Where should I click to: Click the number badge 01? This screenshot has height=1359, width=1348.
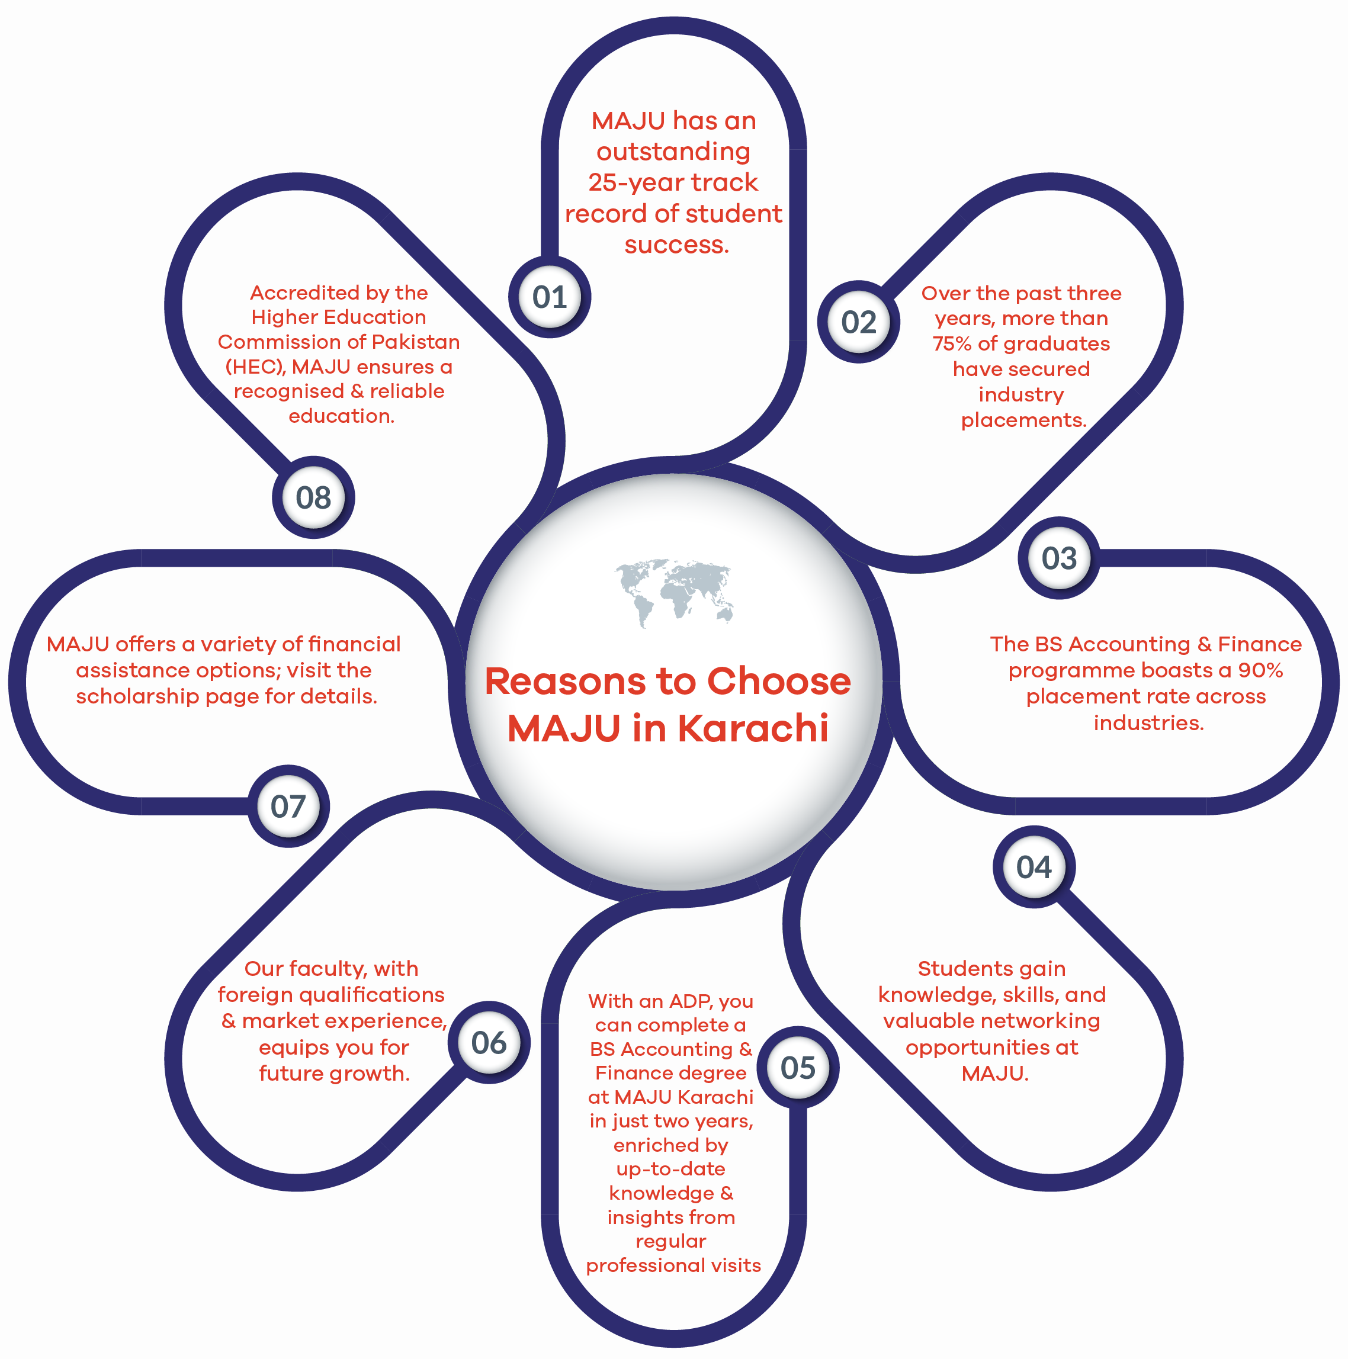[550, 297]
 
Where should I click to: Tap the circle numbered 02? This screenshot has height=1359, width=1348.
[858, 322]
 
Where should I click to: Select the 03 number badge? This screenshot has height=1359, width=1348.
[1059, 558]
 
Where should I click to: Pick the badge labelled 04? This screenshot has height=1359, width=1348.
[1034, 866]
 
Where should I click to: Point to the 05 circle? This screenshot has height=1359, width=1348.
[798, 1067]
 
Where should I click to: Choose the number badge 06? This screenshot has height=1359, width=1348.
[489, 1042]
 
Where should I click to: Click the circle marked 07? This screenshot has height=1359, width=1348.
[288, 806]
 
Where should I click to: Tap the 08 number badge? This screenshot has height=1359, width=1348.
[313, 497]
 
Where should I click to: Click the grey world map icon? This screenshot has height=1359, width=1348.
[674, 593]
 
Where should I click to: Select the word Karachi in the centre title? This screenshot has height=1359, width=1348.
[753, 728]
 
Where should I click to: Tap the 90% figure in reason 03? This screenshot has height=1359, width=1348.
[1261, 670]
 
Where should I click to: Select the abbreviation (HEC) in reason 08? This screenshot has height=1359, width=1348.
[256, 367]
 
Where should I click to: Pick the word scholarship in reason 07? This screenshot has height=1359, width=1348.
[138, 696]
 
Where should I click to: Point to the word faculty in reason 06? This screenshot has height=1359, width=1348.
[328, 969]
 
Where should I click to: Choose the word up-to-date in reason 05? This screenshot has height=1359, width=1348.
[670, 1169]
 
